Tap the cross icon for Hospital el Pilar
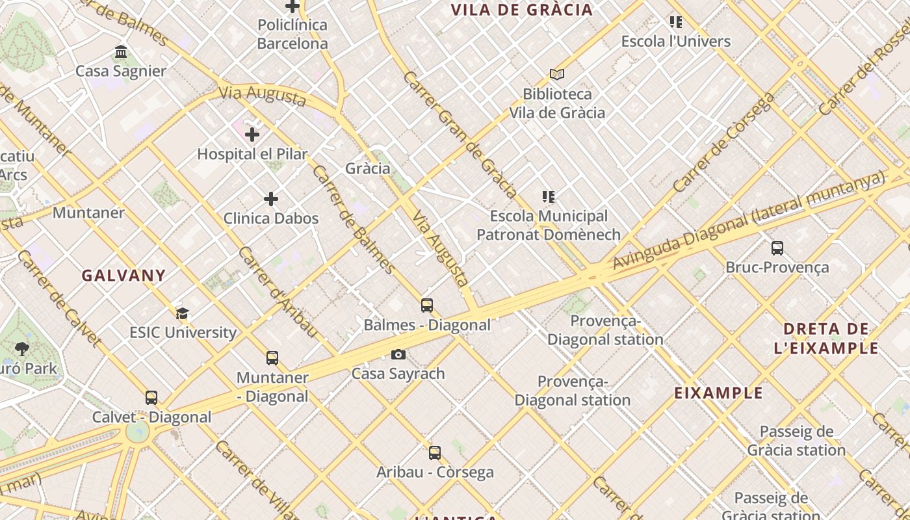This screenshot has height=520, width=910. (252, 135)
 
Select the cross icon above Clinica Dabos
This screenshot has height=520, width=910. (271, 199)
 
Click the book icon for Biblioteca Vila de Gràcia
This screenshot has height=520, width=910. (556, 75)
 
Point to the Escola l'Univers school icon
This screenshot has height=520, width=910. (676, 23)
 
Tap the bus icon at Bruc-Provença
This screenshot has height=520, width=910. (777, 248)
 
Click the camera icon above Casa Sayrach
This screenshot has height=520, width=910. (398, 355)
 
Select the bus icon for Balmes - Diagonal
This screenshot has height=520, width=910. (427, 305)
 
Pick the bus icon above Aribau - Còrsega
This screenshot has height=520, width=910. (435, 453)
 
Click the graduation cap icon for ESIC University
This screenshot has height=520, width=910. (182, 314)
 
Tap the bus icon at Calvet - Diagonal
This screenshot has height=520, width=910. (151, 398)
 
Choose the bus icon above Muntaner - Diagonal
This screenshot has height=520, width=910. (272, 358)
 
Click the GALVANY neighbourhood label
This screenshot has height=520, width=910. (123, 276)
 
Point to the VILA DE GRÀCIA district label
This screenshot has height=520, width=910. (522, 10)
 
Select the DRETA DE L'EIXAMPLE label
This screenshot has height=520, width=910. (826, 339)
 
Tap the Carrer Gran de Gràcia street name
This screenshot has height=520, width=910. (460, 135)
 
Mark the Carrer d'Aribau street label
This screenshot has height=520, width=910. (278, 292)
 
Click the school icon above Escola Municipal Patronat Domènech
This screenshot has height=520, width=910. (549, 197)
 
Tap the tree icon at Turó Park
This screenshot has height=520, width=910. (22, 349)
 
